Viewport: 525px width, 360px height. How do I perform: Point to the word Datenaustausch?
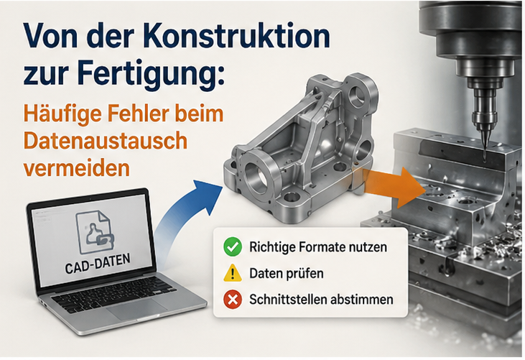pyautogui.click(x=105, y=141)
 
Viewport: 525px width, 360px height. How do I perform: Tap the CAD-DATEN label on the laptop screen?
pyautogui.click(x=98, y=264)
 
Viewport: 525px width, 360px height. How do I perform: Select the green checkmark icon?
pyautogui.click(x=233, y=246)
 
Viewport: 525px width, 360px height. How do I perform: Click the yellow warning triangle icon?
pyautogui.click(x=233, y=273)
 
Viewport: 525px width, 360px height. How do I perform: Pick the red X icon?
pyautogui.click(x=233, y=299)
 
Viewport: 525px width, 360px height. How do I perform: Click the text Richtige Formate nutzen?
pyautogui.click(x=318, y=247)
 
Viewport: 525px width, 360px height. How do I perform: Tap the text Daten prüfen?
pyautogui.click(x=287, y=274)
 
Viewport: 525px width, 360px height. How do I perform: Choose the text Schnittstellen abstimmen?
pyautogui.click(x=321, y=299)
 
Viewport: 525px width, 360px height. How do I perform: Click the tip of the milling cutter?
pyautogui.click(x=484, y=156)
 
